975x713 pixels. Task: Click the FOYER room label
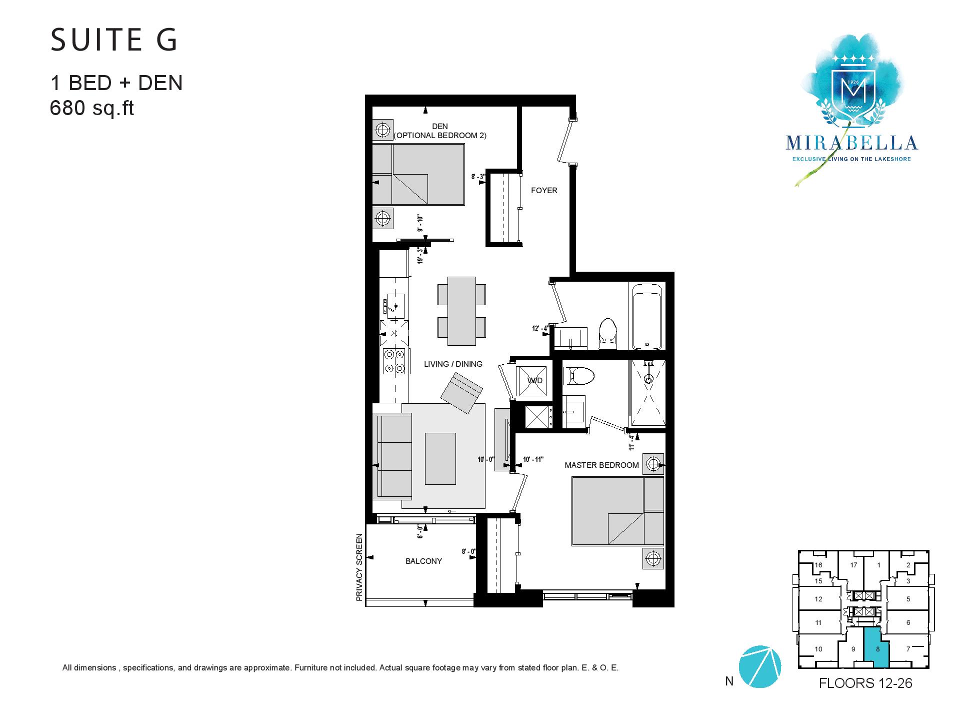(543, 190)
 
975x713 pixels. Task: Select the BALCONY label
(423, 561)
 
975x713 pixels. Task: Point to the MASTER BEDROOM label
(601, 465)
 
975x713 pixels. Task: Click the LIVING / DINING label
(453, 364)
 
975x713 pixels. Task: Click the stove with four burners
(394, 361)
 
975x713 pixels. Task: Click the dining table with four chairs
(461, 311)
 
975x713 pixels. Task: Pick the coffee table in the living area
(440, 459)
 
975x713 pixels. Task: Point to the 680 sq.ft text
(92, 108)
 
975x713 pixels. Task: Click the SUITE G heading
(114, 41)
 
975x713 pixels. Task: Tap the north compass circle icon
(759, 666)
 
